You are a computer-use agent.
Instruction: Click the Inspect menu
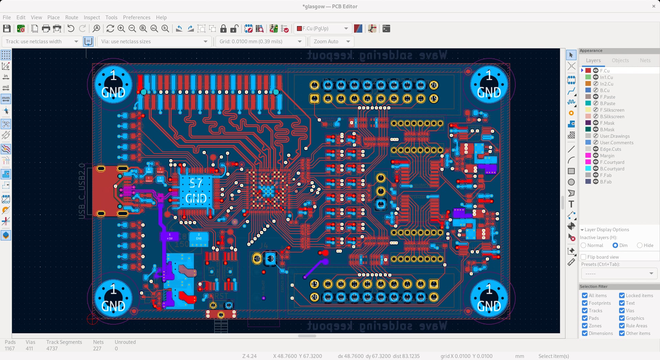click(x=91, y=18)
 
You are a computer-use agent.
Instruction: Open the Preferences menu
click(x=136, y=18)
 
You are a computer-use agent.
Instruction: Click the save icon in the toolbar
click(x=7, y=29)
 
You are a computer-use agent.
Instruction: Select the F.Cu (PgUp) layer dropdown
click(x=322, y=29)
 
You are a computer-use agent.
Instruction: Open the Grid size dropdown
click(x=260, y=42)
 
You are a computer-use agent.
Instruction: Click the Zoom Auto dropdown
click(x=331, y=42)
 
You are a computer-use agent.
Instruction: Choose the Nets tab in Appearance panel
click(x=645, y=60)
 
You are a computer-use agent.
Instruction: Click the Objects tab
click(x=620, y=60)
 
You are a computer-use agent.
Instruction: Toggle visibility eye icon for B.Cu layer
click(x=596, y=90)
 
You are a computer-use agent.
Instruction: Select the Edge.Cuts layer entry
click(x=610, y=149)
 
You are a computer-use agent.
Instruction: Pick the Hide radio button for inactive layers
click(x=640, y=245)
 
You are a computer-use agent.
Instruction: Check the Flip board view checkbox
click(x=584, y=257)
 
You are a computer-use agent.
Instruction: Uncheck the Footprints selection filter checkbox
click(x=585, y=303)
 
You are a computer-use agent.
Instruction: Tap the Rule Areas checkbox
click(x=622, y=326)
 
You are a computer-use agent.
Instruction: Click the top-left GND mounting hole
click(x=113, y=85)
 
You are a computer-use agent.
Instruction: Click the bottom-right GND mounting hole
click(x=488, y=298)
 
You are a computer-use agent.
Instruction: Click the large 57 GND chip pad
click(x=196, y=191)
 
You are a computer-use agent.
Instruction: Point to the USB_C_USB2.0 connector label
click(x=82, y=191)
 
